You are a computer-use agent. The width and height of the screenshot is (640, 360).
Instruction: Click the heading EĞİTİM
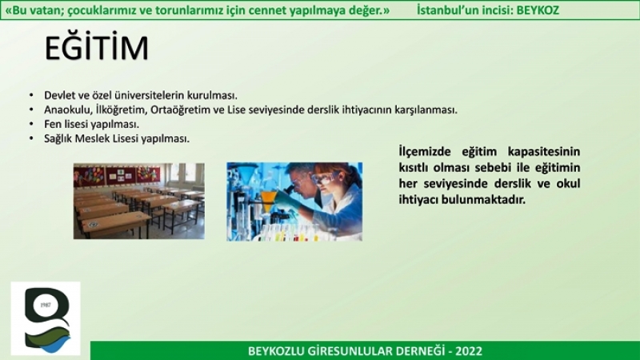click(x=96, y=47)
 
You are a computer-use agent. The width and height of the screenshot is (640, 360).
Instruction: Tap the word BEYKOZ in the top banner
click(x=538, y=10)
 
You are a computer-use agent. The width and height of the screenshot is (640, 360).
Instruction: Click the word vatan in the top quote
click(x=44, y=10)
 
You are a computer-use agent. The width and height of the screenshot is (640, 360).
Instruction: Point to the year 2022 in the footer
click(x=469, y=351)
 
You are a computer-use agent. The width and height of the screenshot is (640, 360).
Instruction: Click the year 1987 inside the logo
click(x=46, y=305)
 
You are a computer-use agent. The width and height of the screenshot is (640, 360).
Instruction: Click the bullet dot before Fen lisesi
click(x=31, y=124)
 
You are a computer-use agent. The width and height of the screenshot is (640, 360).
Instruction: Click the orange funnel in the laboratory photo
click(x=268, y=200)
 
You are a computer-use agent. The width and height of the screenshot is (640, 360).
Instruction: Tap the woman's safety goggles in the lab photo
click(x=325, y=178)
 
